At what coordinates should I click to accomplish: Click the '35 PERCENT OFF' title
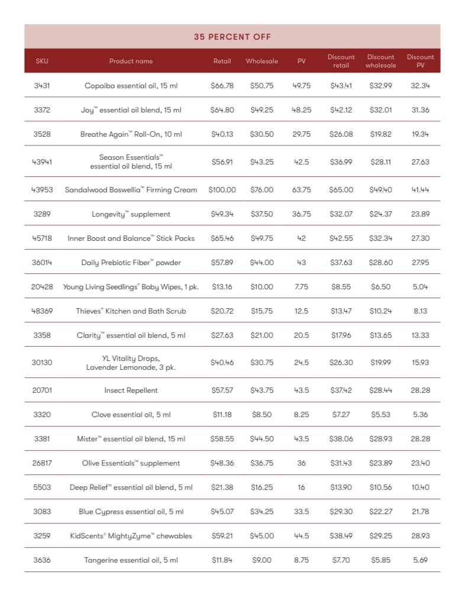pyautogui.click(x=232, y=37)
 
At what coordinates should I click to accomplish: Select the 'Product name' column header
pyautogui.click(x=131, y=61)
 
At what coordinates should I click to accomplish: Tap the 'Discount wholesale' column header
pyautogui.click(x=380, y=61)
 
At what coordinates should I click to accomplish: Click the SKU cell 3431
pyautogui.click(x=42, y=86)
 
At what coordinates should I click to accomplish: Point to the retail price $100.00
pyautogui.click(x=222, y=190)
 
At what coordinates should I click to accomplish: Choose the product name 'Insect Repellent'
pyautogui.click(x=131, y=390)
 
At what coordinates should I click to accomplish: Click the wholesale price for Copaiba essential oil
pyautogui.click(x=262, y=86)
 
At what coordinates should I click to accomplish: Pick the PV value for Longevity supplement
pyautogui.click(x=301, y=214)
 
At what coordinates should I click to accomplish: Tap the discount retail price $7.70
pyautogui.click(x=341, y=560)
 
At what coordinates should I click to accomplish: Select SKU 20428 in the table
pyautogui.click(x=42, y=286)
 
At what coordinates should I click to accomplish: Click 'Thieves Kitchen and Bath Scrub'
pyautogui.click(x=131, y=311)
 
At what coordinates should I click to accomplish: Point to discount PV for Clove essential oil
pyautogui.click(x=420, y=415)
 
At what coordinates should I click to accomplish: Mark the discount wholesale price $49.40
pyautogui.click(x=380, y=190)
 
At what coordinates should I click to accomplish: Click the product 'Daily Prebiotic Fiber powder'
pyautogui.click(x=131, y=262)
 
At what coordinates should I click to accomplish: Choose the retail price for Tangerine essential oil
pyautogui.click(x=222, y=560)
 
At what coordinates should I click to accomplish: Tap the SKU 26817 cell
pyautogui.click(x=42, y=463)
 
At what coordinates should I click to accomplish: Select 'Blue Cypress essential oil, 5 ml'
pyautogui.click(x=131, y=512)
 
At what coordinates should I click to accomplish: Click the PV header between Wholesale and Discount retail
pyautogui.click(x=301, y=61)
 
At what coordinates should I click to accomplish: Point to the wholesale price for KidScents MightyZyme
pyautogui.click(x=262, y=536)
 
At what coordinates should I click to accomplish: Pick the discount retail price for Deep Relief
pyautogui.click(x=341, y=487)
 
